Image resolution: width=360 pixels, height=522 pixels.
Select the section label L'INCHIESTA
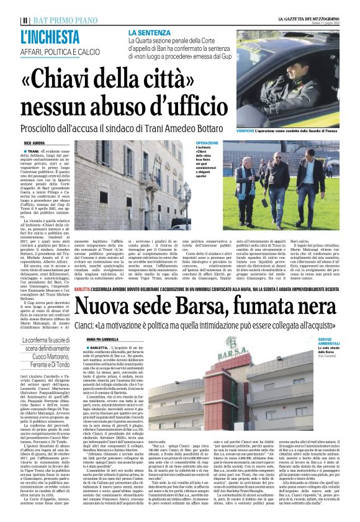point(48,36)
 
